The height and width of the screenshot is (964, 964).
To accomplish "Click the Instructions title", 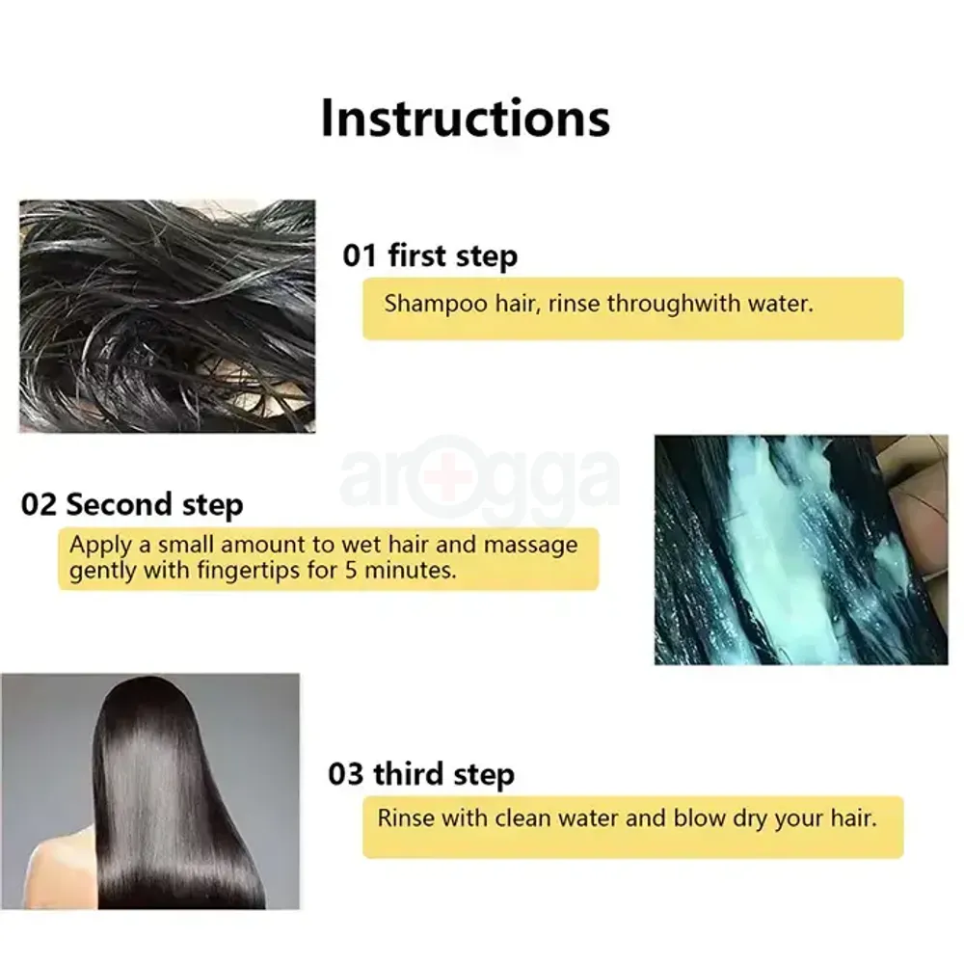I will pos(465,118).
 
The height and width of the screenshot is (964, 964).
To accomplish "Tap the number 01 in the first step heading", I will pos(360,256).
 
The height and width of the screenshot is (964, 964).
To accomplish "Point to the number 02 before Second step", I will pos(39,504).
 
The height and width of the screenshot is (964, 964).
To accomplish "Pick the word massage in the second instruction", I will pos(530,545).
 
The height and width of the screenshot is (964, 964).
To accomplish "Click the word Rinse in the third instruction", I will pos(406,819).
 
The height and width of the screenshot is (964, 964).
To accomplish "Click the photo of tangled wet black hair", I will pos(167,315).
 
